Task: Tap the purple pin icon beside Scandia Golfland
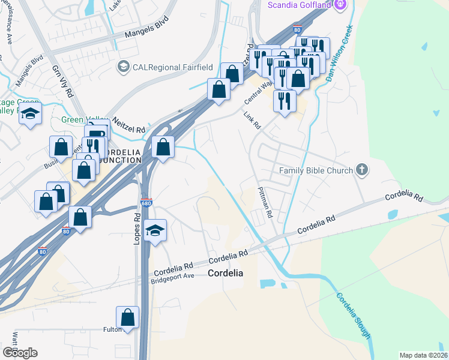[x=341, y=5]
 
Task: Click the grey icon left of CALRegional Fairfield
[x=124, y=65]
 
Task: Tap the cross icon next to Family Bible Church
[x=361, y=170]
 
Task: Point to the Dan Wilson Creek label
[x=338, y=53]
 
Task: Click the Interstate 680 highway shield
[x=146, y=203]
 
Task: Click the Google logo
[x=20, y=352]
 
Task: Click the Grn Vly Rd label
[x=62, y=83]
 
